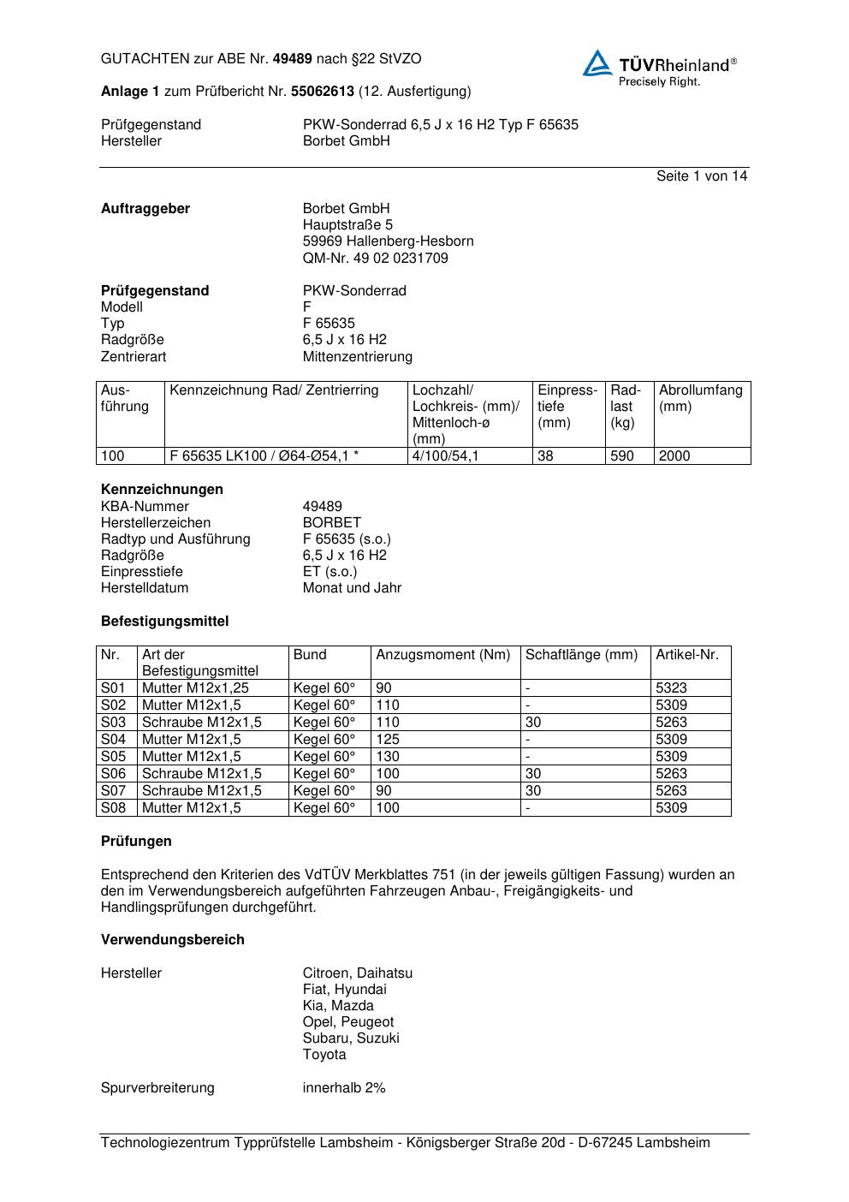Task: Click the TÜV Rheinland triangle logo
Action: coord(597,63)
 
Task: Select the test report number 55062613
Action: coord(323,91)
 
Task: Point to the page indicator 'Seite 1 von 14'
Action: coord(702,176)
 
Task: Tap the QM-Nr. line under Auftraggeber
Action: coord(375,258)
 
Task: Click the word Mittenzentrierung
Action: coord(357,356)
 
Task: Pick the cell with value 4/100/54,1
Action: coord(445,456)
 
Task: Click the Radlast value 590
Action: coord(622,456)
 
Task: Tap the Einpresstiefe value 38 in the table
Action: coord(546,456)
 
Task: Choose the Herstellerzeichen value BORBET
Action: coord(331,522)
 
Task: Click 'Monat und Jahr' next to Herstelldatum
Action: coord(352,587)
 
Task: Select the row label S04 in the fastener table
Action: coord(113,739)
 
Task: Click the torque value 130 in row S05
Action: coord(388,756)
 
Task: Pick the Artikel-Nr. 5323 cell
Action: coord(671,687)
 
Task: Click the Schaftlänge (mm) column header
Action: coord(581,655)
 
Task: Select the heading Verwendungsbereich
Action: coord(172,939)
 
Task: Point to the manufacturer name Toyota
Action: coord(324,1054)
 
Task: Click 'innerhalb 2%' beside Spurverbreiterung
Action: coord(344,1087)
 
